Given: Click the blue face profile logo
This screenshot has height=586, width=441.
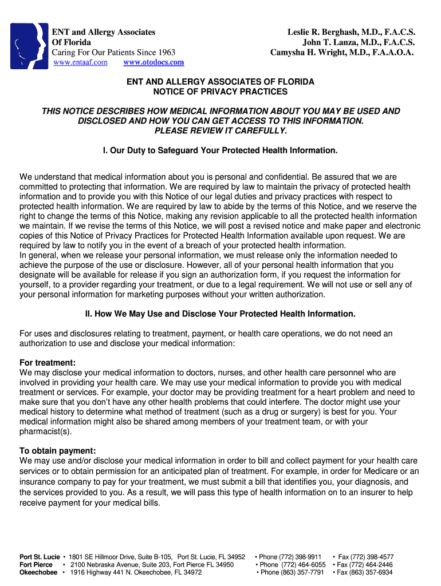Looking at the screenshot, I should coord(29,46).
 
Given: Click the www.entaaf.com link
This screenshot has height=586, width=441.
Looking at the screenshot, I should coord(80,62).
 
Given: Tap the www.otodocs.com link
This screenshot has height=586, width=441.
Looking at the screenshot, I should coord(153,62).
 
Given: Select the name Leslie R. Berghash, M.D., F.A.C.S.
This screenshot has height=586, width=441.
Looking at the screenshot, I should coord(351,32).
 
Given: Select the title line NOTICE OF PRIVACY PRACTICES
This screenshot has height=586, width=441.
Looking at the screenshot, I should coord(220,92).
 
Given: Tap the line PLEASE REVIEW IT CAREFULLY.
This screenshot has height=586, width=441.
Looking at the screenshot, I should coord(220,130).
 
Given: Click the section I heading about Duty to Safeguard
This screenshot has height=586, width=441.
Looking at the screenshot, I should coord(220,151).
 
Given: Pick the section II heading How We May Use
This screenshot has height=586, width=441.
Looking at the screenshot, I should coord(220,314).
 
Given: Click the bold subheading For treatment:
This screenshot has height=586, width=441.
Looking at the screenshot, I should coord(48,363).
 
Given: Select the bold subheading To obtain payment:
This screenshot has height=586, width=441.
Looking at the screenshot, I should coord(58,451).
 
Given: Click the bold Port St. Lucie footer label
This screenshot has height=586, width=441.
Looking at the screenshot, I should coord(40,557).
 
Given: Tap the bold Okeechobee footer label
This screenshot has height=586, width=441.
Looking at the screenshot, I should coord(38,572).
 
